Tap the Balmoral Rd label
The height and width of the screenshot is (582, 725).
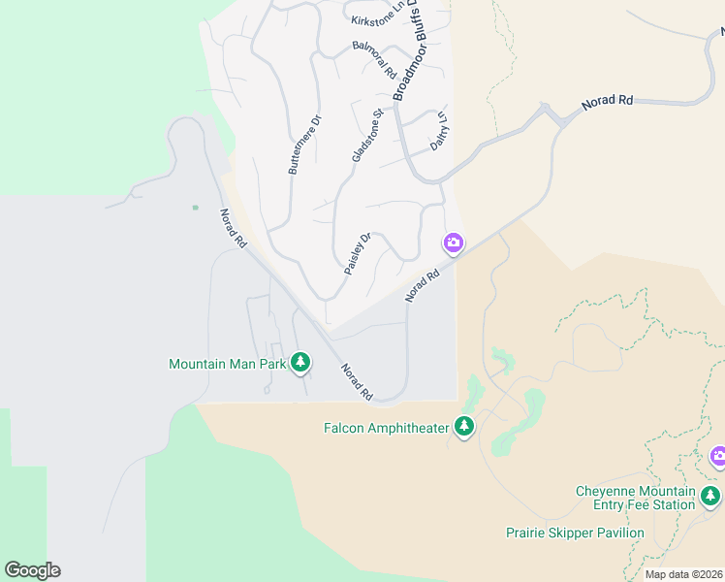pyautogui.click(x=374, y=59)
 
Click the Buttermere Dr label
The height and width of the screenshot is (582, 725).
pyautogui.click(x=304, y=145)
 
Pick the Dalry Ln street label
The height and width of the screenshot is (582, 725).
pyautogui.click(x=440, y=132)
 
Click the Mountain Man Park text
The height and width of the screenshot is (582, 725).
pyautogui.click(x=227, y=365)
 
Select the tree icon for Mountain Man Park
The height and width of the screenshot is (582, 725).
pyautogui.click(x=300, y=363)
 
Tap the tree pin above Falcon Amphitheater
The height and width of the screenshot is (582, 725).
pyautogui.click(x=464, y=426)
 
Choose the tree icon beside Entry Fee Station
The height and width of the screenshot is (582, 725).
pyautogui.click(x=711, y=497)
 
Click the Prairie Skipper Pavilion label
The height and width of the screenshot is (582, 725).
pyautogui.click(x=575, y=533)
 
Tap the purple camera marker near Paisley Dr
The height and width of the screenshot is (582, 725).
pyautogui.click(x=453, y=242)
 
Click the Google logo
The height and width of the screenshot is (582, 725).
pyautogui.click(x=32, y=570)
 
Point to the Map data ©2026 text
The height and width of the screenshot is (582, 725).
pyautogui.click(x=682, y=574)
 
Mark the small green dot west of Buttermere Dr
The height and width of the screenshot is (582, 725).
pyautogui.click(x=195, y=207)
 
